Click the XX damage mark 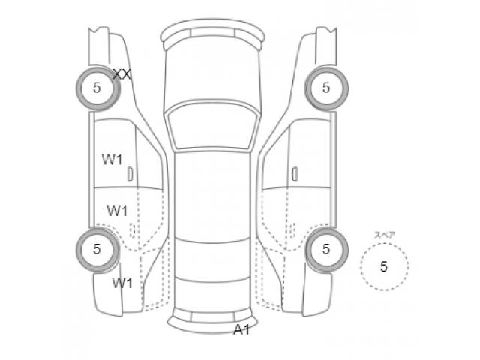[x=122, y=73]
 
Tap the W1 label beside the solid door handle [x=112, y=159]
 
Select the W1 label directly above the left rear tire [x=116, y=211]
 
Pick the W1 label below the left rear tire [x=122, y=283]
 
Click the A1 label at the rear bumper [x=241, y=329]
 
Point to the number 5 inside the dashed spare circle [x=384, y=265]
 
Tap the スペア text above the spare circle [x=385, y=235]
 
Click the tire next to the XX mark [x=97, y=88]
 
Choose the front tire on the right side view [x=326, y=88]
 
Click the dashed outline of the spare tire [x=361, y=265]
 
